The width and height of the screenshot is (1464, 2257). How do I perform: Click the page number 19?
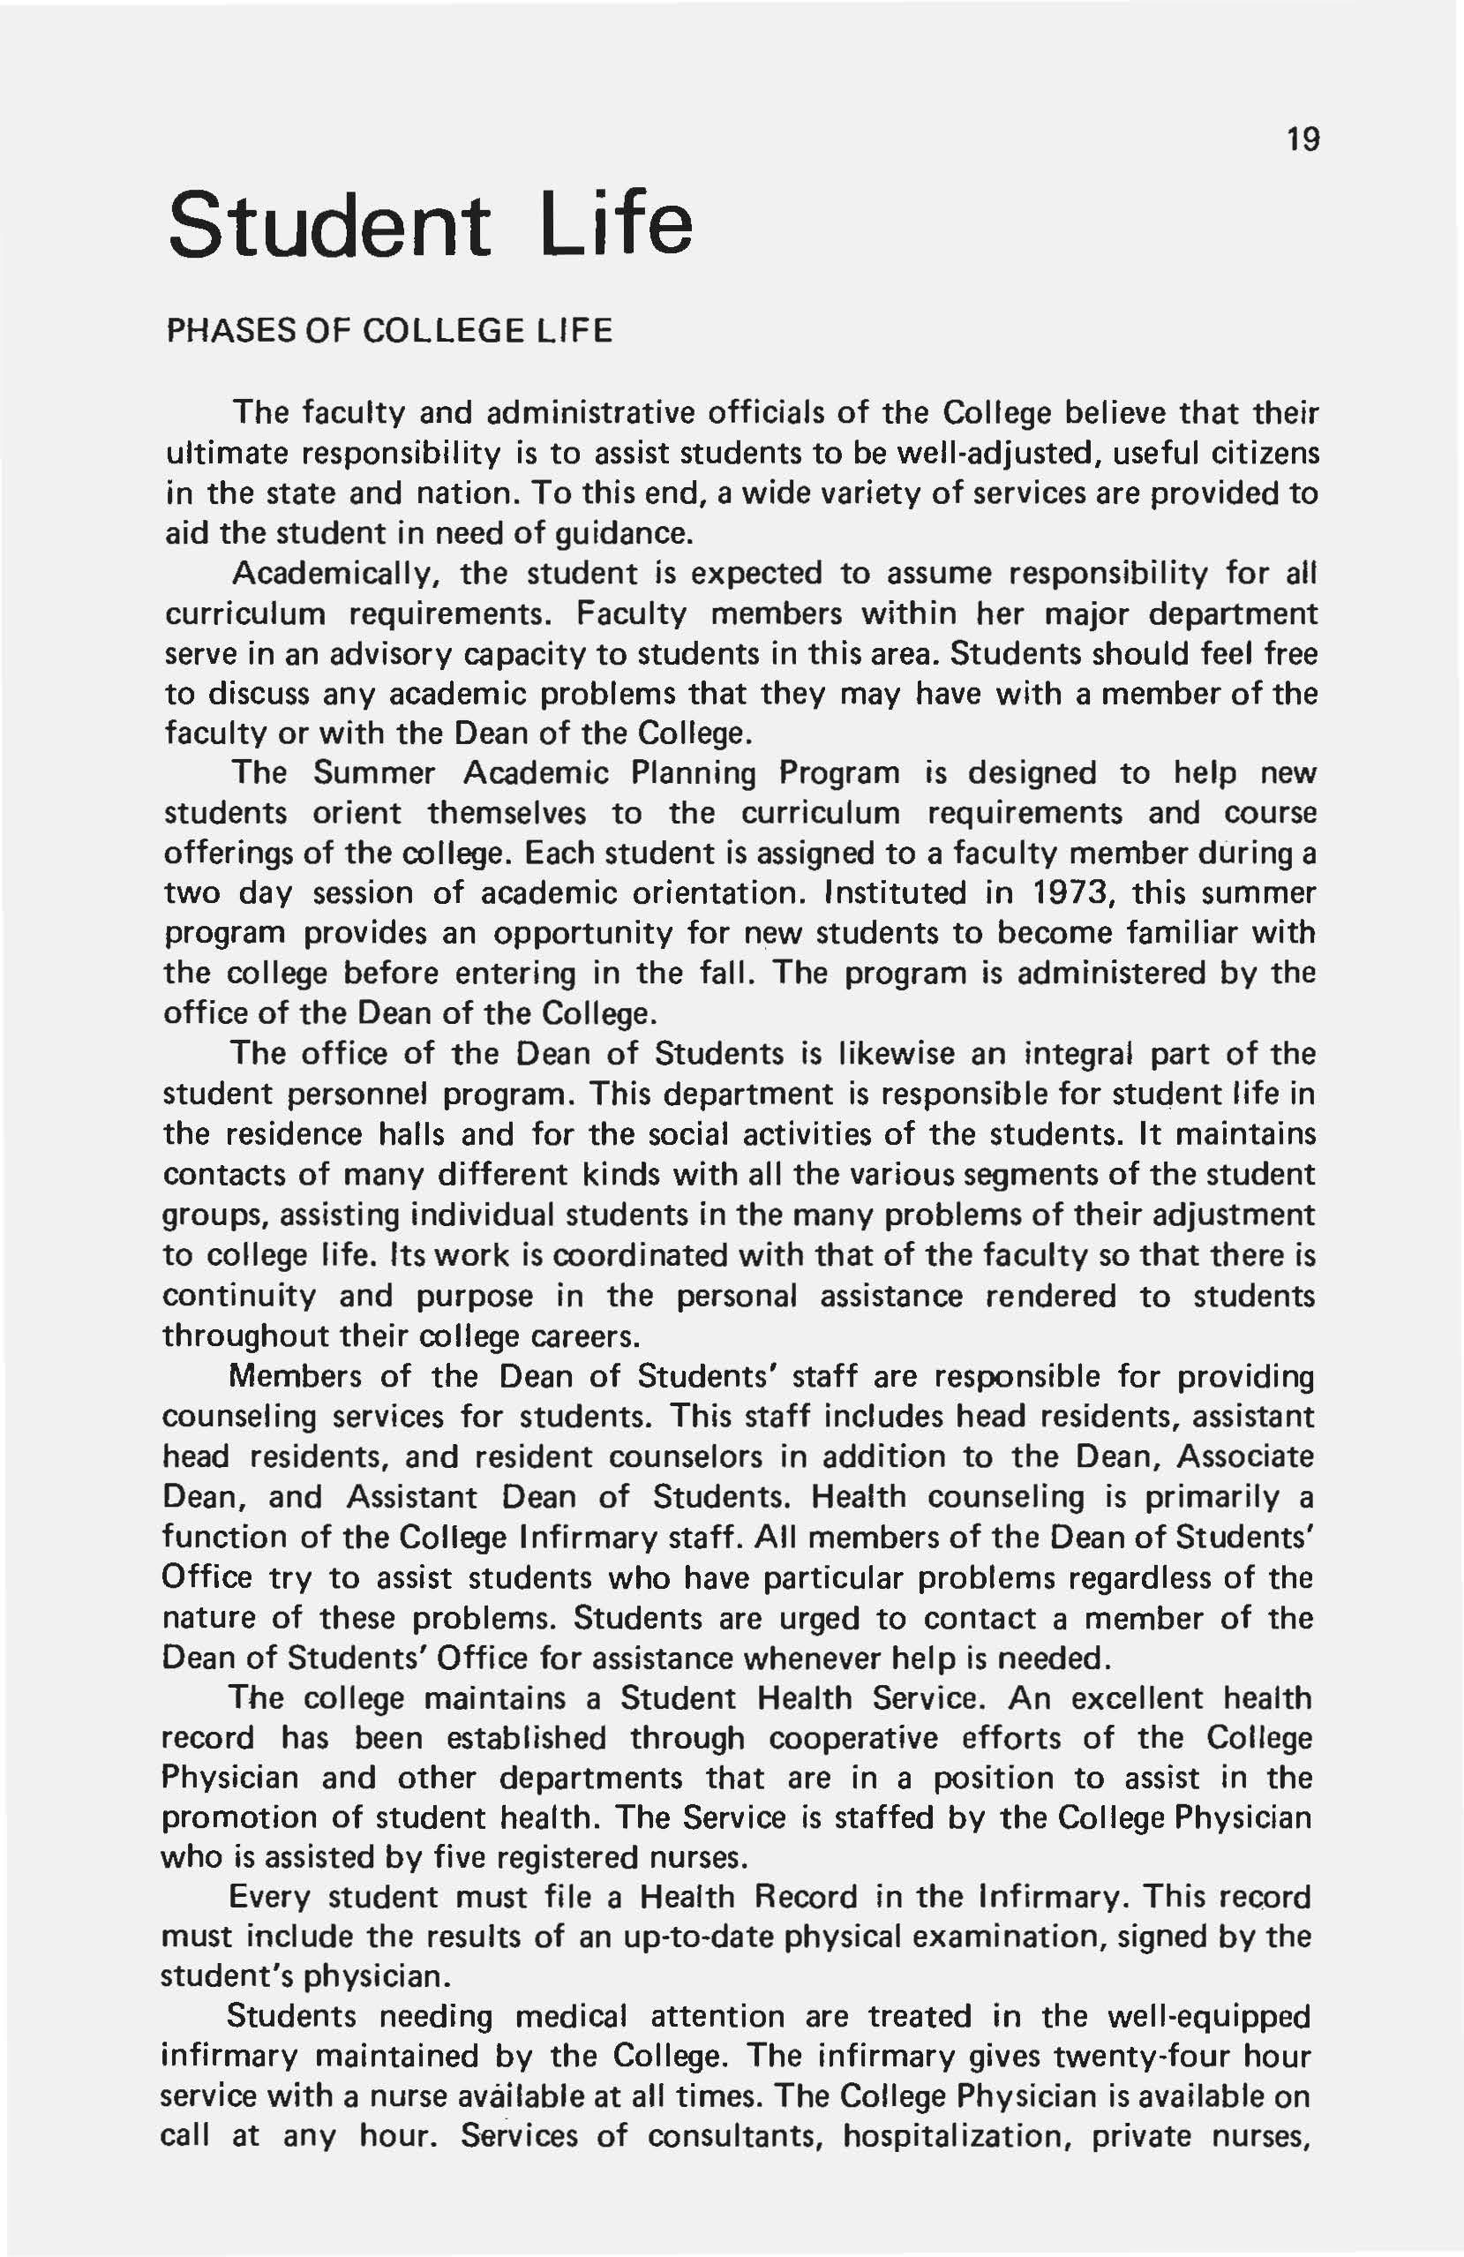(x=1303, y=139)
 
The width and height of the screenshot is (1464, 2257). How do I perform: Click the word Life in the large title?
(x=617, y=224)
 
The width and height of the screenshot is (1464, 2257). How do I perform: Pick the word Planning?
(x=693, y=773)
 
